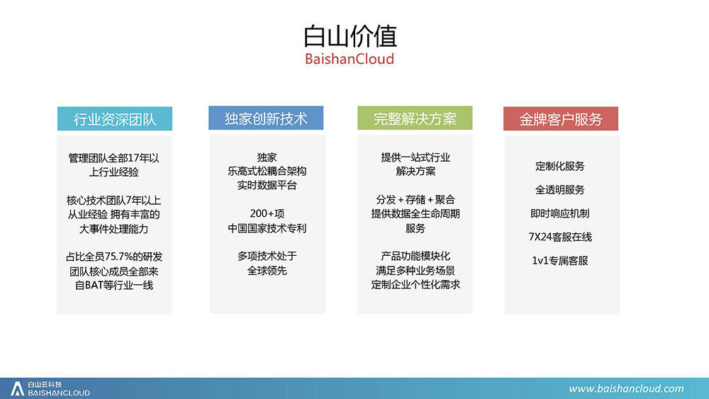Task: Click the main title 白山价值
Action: tap(350, 36)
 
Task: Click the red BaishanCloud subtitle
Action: tap(350, 59)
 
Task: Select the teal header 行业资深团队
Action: tap(115, 119)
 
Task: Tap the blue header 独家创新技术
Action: tap(266, 118)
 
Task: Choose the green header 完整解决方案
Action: tap(415, 118)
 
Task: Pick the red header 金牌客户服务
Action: tap(561, 119)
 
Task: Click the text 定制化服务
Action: tap(560, 167)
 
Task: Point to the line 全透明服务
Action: tap(560, 190)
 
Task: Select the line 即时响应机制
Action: tap(560, 213)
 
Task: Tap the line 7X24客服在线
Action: tap(560, 237)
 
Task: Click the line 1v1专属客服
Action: tap(560, 261)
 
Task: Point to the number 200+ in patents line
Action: tap(262, 213)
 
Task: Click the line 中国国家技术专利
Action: tap(267, 228)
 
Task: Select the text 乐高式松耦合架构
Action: tap(267, 172)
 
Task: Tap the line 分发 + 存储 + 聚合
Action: tap(415, 200)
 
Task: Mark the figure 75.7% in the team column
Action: tap(119, 257)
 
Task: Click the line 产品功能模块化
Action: tap(415, 257)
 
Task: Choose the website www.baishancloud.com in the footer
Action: tap(626, 388)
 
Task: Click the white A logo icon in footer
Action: tap(17, 388)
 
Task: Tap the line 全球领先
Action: tap(267, 271)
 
